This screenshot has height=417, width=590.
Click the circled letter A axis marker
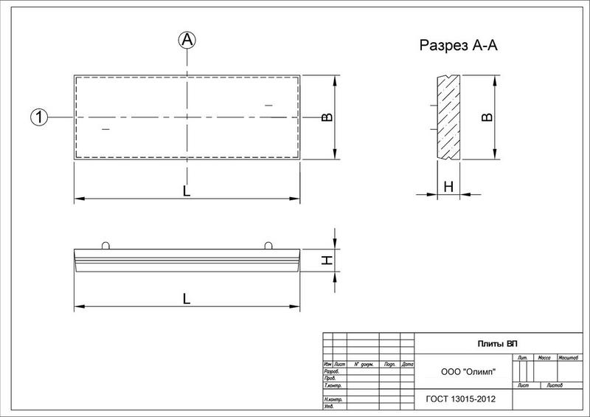[x=187, y=41]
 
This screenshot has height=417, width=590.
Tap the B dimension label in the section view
[x=486, y=117]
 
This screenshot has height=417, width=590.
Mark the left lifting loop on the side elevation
[x=105, y=245]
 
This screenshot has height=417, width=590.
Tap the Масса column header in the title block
[x=546, y=357]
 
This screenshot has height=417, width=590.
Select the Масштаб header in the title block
[x=568, y=357]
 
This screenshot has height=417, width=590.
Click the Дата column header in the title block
[x=408, y=364]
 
